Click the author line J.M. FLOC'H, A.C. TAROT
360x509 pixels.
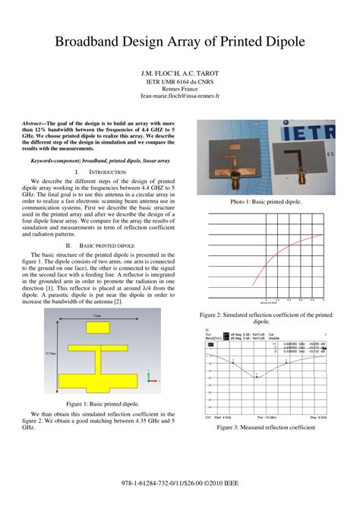point(180,72)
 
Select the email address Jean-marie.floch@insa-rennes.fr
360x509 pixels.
point(180,97)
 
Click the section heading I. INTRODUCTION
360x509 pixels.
point(100,172)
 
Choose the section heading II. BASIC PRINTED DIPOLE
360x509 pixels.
point(100,246)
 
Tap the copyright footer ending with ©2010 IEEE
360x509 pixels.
point(180,483)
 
